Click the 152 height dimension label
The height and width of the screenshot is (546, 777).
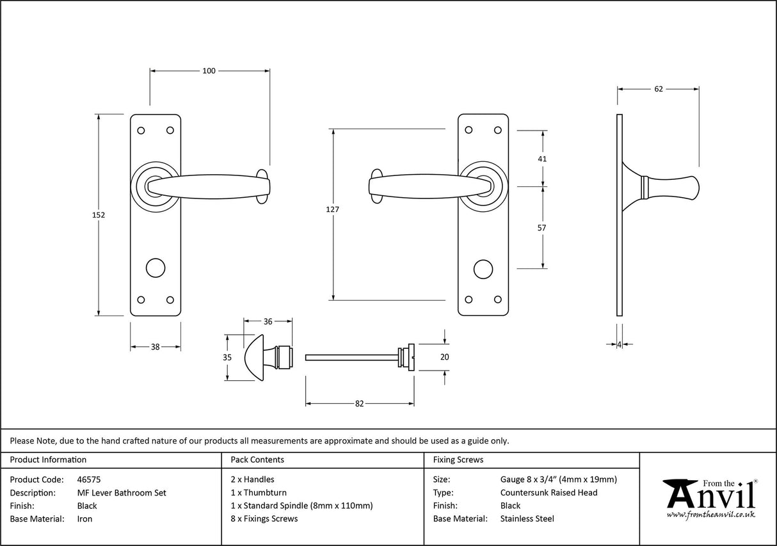(x=98, y=215)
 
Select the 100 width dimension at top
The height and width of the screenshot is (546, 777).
(x=209, y=71)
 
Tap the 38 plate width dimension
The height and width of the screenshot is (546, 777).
(x=156, y=347)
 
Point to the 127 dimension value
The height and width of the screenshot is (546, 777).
(x=332, y=209)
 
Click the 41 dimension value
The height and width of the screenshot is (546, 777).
(x=543, y=159)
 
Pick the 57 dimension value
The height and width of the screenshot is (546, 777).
(x=543, y=227)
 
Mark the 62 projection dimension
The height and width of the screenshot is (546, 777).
(x=658, y=89)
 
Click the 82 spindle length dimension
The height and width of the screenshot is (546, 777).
(x=359, y=403)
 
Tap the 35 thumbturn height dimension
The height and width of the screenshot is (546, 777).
(x=227, y=358)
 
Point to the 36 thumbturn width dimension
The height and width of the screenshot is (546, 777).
(x=268, y=321)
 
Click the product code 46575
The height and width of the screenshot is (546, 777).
(x=88, y=479)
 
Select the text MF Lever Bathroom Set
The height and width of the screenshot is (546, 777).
(x=121, y=492)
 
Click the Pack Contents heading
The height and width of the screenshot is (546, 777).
(x=257, y=460)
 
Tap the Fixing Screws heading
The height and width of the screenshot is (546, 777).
(x=458, y=460)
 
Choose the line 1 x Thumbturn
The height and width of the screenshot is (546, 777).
(x=258, y=492)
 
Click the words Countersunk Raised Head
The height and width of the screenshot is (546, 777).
(x=549, y=492)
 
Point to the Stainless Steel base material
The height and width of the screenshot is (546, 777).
(x=527, y=518)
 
